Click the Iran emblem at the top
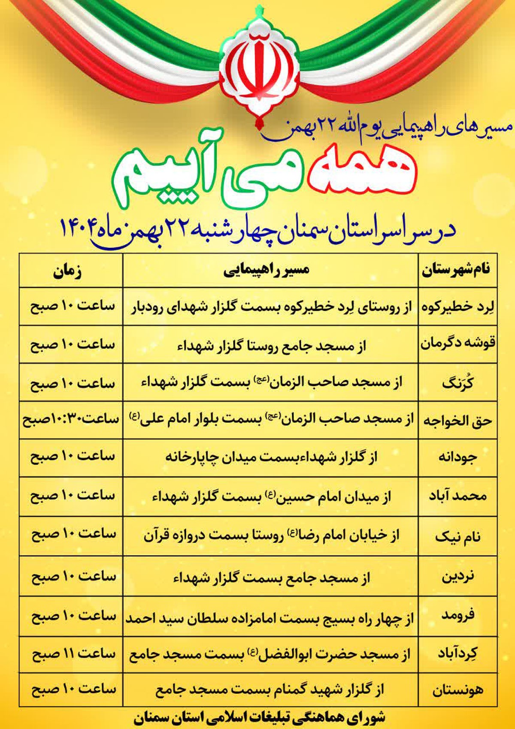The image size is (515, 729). pyautogui.click(x=257, y=69)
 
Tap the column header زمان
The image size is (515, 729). pyautogui.click(x=68, y=271)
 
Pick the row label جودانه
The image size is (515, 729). pyautogui.click(x=457, y=457)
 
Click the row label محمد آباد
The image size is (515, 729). pyautogui.click(x=458, y=496)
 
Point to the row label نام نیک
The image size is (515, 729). pyautogui.click(x=458, y=536)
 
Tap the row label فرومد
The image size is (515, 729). pyautogui.click(x=458, y=615)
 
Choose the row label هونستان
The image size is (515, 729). pyautogui.click(x=457, y=690)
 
